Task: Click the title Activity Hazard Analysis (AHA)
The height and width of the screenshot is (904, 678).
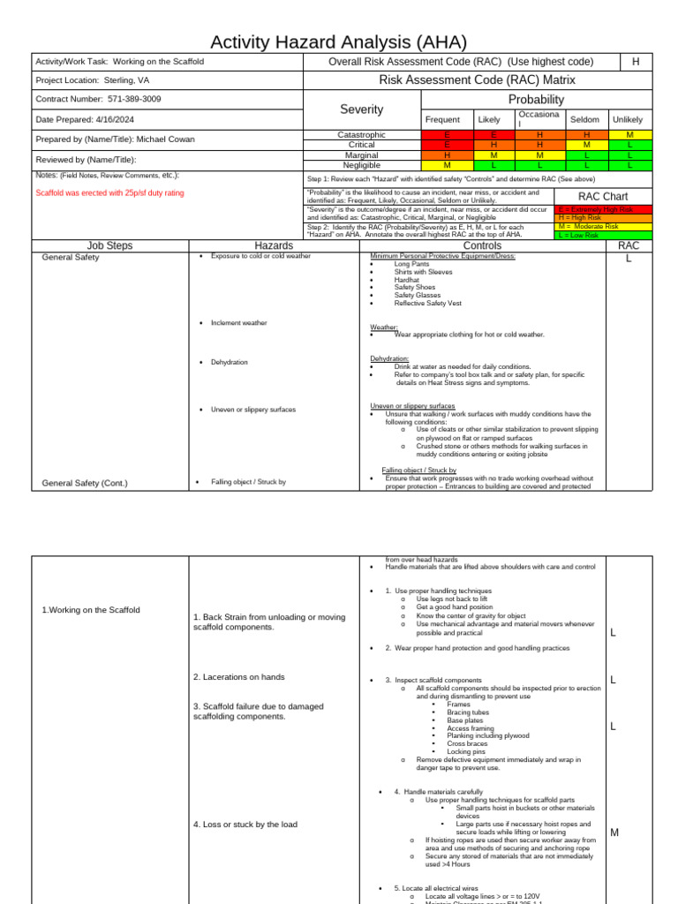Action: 338,42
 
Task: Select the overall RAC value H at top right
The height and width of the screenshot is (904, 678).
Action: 635,61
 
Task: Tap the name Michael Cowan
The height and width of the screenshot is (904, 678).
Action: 165,139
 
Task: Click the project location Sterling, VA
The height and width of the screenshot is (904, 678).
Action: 124,80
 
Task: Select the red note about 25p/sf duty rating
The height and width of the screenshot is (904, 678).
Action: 109,192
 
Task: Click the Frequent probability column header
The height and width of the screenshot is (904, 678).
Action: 442,119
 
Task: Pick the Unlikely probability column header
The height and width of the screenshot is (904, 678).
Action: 628,119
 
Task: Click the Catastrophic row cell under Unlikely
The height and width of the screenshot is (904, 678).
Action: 629,134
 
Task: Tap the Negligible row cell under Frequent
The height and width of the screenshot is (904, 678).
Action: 446,165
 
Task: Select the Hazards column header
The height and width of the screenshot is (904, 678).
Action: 274,245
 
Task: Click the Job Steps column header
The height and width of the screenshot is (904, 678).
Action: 109,245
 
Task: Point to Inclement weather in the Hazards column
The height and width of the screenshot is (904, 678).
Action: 238,323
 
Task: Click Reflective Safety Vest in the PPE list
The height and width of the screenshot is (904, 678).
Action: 427,303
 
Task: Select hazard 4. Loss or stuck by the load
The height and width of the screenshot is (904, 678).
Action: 245,825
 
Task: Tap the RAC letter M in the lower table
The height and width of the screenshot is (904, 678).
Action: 614,832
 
